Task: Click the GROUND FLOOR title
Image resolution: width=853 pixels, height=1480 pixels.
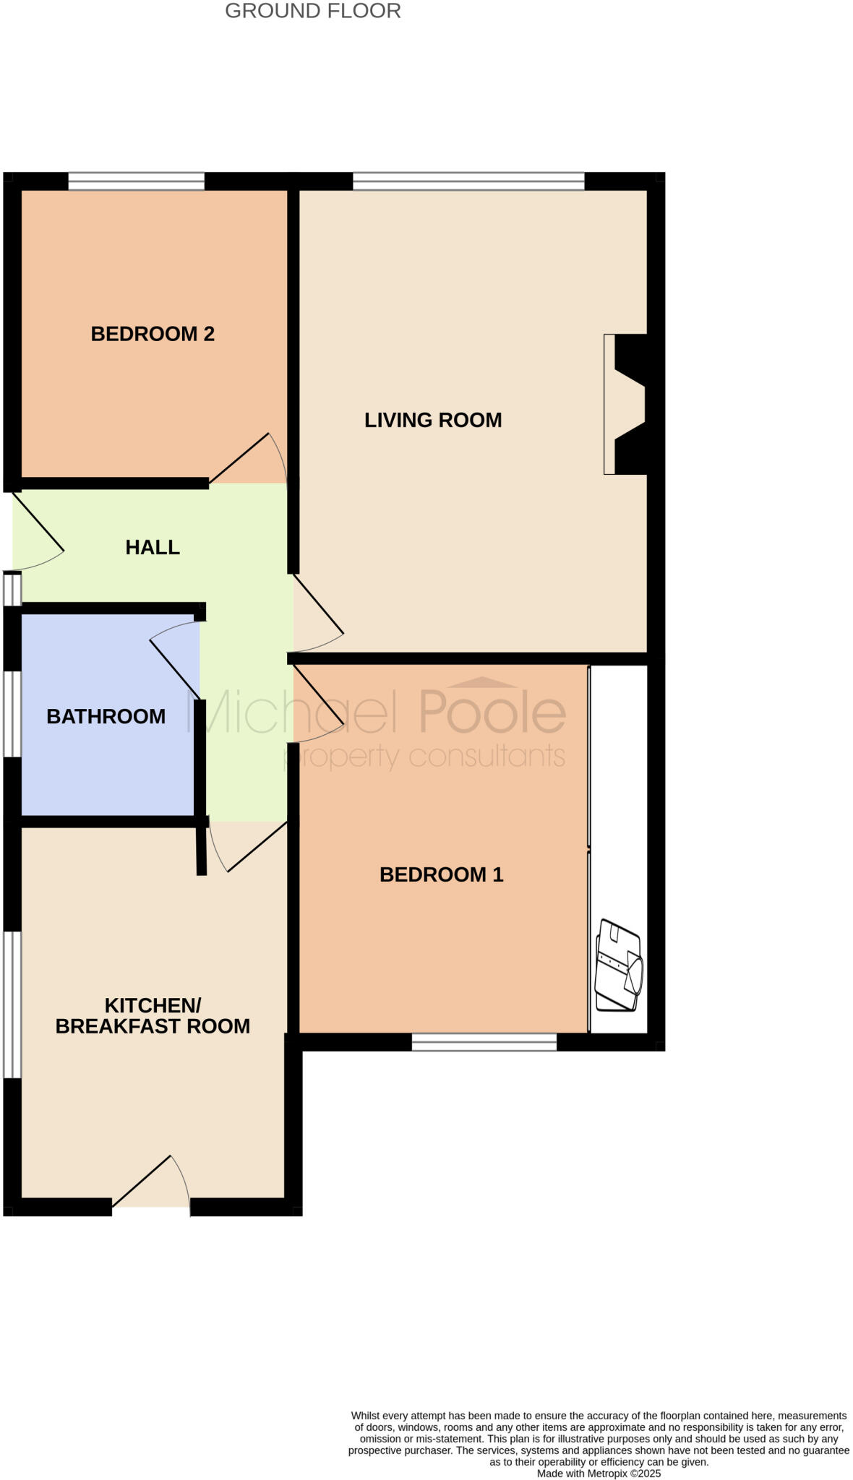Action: pos(312,11)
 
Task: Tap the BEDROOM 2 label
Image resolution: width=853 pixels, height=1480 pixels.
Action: pos(153,334)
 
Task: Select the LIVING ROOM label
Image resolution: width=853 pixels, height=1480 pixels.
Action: pos(433,420)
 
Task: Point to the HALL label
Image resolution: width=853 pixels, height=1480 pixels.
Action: pos(153,547)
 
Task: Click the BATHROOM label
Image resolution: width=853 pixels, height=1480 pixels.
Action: pos(106,716)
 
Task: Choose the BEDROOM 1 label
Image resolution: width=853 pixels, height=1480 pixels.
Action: pos(441,874)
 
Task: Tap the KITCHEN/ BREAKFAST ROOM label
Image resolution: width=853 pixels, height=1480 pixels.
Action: pos(153,1015)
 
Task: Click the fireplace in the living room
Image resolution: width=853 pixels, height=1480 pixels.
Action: pos(626,404)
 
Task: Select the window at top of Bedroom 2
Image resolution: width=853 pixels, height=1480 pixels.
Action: pos(136,181)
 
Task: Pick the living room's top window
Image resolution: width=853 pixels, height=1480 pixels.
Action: pos(468,181)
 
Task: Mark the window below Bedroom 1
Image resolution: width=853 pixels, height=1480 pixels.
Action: pos(484,1041)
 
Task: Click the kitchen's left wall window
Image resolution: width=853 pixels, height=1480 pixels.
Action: pos(12,1004)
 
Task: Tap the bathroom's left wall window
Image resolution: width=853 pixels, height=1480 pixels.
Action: pos(12,714)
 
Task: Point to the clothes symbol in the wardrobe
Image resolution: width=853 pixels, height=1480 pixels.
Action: pos(618,965)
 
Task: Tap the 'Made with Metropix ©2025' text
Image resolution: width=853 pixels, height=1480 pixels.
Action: pos(599,1473)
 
